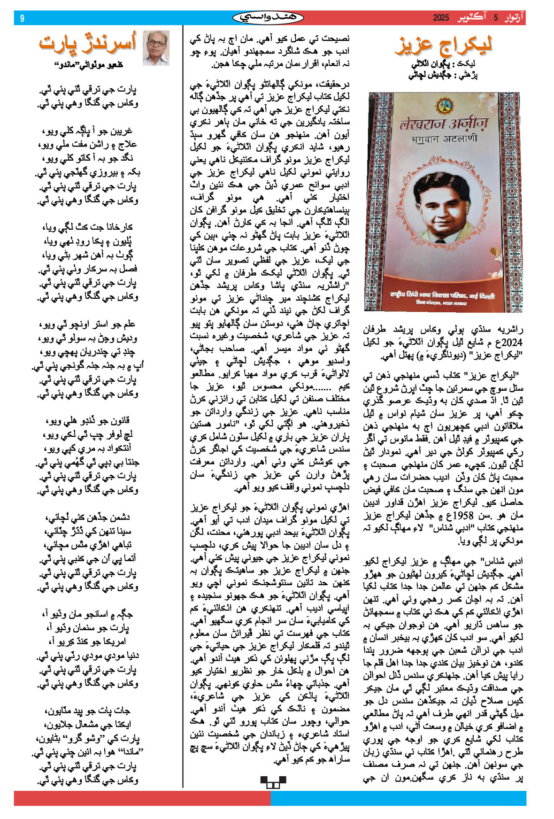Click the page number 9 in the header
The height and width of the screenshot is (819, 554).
[x=22, y=18]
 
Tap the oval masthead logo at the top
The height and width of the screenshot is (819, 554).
[x=268, y=18]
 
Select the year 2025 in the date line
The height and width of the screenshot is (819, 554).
[x=441, y=18]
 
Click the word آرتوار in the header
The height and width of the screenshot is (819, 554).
[x=513, y=18]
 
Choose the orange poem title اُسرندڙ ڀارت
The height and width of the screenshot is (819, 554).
[x=88, y=43]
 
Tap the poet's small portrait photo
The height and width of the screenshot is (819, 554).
[x=156, y=47]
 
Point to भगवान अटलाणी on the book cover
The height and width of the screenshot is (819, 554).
[x=443, y=139]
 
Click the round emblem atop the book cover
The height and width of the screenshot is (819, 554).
[x=443, y=105]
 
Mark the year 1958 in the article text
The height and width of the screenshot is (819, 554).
[x=480, y=515]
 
